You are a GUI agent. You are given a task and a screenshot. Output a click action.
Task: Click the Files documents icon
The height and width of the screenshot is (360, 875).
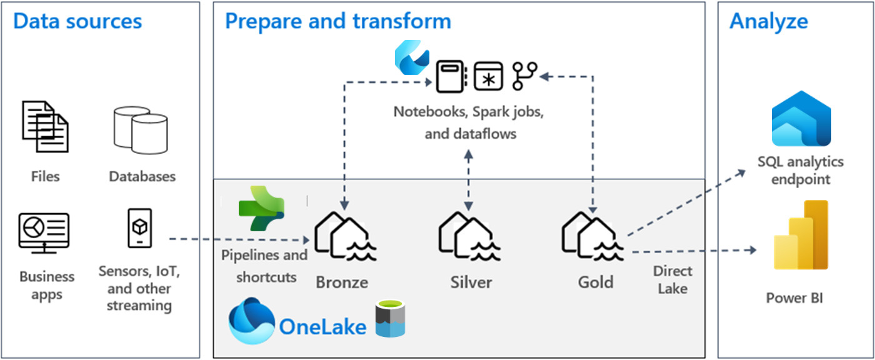click(x=45, y=126)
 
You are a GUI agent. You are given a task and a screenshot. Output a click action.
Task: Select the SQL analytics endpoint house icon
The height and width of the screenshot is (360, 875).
click(x=801, y=121)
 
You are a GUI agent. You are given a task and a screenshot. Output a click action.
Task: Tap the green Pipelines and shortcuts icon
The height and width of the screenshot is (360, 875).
click(x=262, y=208)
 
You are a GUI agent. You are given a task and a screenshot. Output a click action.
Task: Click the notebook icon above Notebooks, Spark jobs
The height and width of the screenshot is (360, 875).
click(x=450, y=76)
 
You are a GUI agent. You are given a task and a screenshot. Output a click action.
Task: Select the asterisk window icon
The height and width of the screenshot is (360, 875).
click(x=488, y=76)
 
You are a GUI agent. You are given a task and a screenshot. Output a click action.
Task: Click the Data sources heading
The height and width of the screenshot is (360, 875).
click(x=77, y=21)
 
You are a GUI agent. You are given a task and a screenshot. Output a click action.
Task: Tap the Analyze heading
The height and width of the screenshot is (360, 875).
click(x=768, y=21)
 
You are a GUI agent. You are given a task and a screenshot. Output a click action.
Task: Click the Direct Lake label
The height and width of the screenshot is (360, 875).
click(x=672, y=279)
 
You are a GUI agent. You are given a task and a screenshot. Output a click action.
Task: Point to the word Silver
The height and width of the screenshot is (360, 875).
click(x=471, y=282)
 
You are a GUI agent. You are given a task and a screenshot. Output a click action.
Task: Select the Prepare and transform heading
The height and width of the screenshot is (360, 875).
click(x=337, y=21)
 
